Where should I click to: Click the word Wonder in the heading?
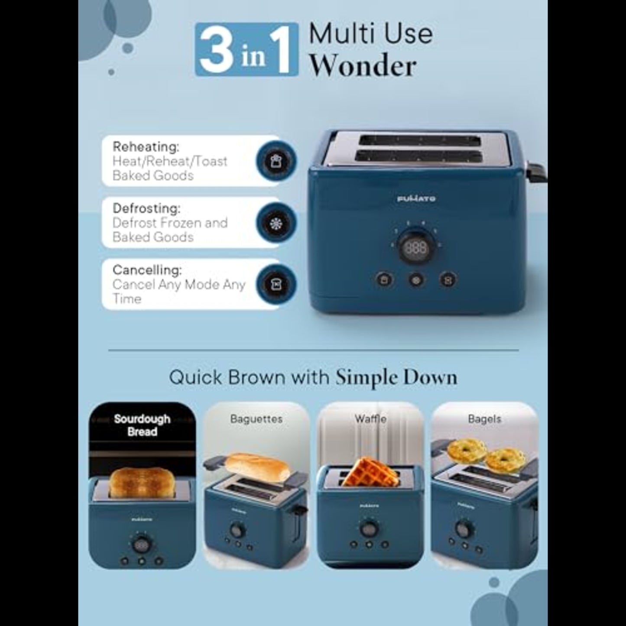(x=363, y=66)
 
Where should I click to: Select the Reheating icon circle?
(x=276, y=161)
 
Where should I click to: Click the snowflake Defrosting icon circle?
(x=276, y=223)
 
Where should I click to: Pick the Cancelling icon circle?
(x=276, y=284)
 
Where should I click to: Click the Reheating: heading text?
(x=146, y=147)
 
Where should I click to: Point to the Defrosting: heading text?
(x=146, y=208)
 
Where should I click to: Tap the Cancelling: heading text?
(x=147, y=269)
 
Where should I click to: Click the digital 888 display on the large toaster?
(x=415, y=248)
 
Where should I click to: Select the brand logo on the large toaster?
(x=416, y=198)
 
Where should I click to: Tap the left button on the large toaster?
(x=384, y=279)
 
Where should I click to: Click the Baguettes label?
(x=256, y=419)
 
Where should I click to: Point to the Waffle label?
(x=370, y=419)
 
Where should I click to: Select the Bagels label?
(x=485, y=419)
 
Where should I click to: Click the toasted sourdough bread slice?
(x=142, y=482)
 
